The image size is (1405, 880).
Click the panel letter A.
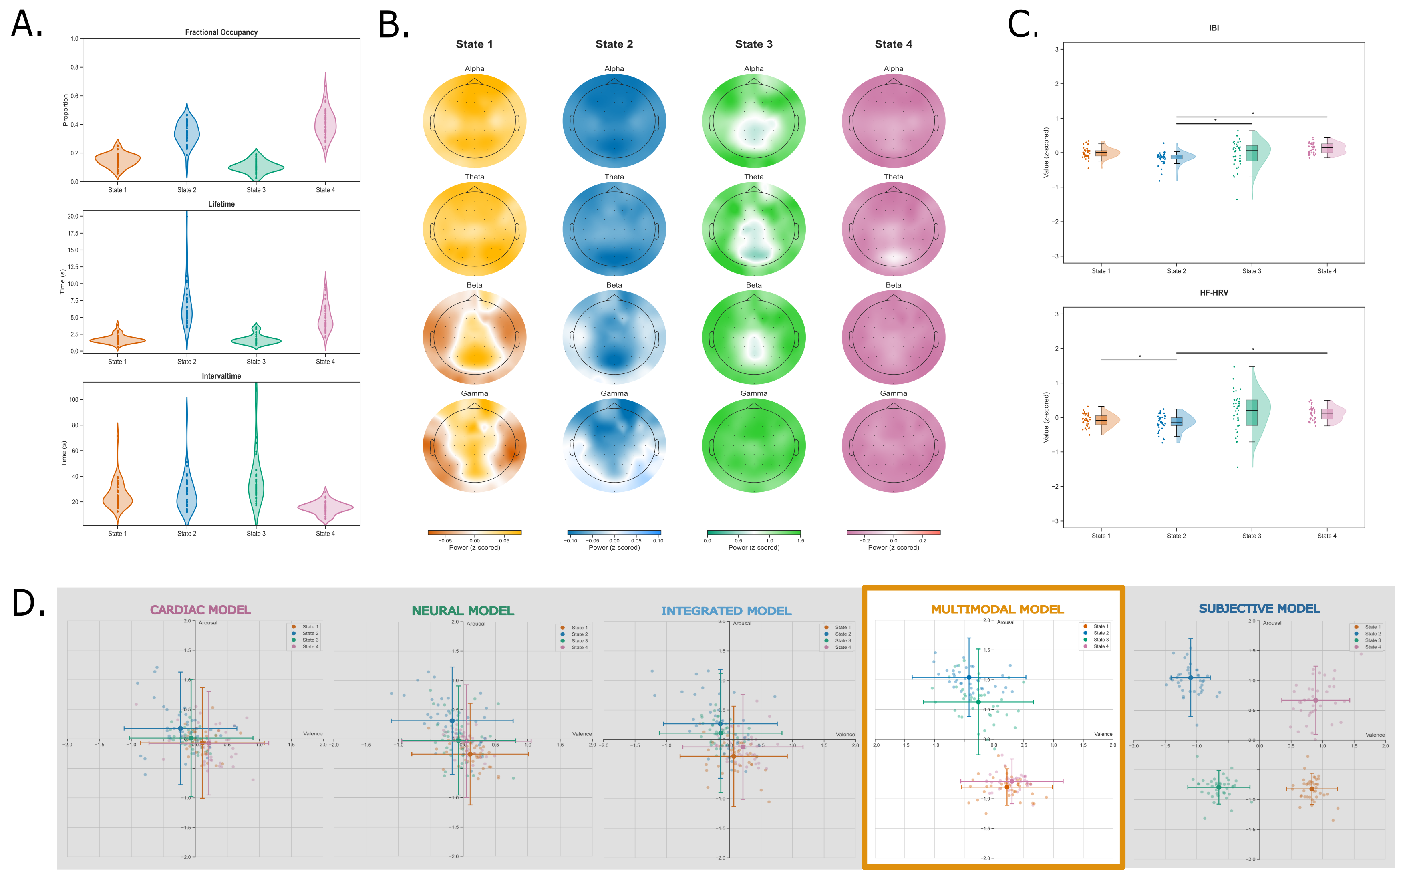coord(26,24)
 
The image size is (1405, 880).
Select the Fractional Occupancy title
coord(221,32)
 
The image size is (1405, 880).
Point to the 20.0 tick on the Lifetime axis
coord(73,216)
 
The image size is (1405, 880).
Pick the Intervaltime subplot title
coord(221,376)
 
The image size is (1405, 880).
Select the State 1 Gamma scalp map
coord(474,445)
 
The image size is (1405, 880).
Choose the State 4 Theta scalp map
coord(893,229)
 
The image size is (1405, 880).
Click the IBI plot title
coord(1214,28)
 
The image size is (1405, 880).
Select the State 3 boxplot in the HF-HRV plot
coord(1252,413)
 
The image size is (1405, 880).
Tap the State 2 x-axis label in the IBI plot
coord(1176,271)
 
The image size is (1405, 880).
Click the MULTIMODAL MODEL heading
coord(997,609)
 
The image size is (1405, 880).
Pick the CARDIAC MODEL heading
coord(200,610)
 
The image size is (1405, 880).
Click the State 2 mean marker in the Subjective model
coord(1190,677)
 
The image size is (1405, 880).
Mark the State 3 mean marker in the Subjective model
coord(1218,787)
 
